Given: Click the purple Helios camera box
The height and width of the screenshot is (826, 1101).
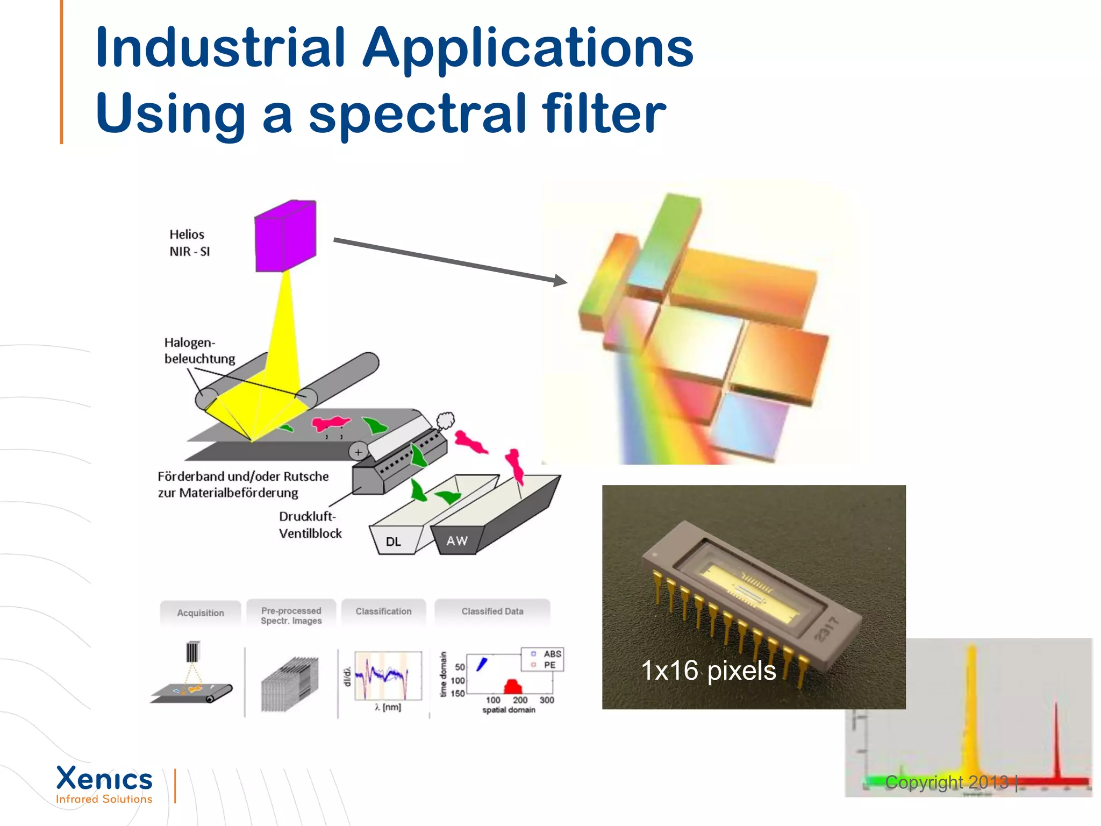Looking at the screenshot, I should click(x=285, y=236).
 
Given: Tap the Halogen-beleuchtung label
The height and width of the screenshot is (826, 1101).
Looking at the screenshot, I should click(x=199, y=351).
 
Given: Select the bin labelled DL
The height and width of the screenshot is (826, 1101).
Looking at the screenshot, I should click(x=394, y=541).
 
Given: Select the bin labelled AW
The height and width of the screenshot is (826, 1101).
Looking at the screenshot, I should click(x=457, y=540).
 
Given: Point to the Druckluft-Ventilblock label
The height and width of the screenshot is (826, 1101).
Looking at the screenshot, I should click(x=310, y=525).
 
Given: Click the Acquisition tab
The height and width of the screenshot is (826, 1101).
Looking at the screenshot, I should click(x=201, y=613).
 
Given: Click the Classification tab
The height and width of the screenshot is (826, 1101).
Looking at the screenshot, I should click(x=383, y=611).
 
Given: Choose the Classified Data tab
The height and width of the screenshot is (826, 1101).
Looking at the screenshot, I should click(x=492, y=611).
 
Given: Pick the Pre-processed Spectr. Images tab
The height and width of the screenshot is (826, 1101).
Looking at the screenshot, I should click(x=291, y=616).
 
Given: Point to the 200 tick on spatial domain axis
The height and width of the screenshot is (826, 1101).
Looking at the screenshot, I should click(x=520, y=700).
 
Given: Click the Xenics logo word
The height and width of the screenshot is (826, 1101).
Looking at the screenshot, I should click(x=104, y=779).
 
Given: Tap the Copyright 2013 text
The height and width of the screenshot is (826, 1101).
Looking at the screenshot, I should click(x=946, y=782).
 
